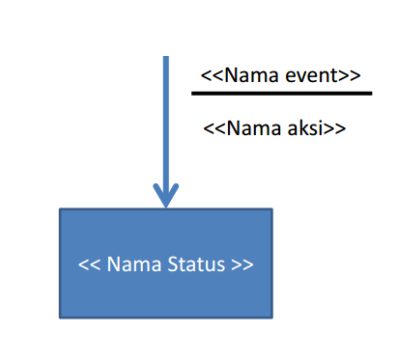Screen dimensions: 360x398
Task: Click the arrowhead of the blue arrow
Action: coord(166,196)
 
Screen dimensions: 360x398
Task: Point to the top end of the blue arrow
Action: coord(166,58)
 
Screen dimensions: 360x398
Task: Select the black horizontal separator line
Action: coord(281,94)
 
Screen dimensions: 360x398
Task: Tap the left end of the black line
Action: coord(193,94)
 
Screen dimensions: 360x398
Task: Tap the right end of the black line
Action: coord(370,94)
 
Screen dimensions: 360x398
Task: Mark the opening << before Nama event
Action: coord(212,74)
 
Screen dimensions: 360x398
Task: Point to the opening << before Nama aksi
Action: coord(214,127)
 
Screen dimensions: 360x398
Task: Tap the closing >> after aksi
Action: coord(335,127)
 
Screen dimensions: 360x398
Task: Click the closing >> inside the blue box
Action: coord(243,263)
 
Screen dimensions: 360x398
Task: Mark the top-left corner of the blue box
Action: coord(60,209)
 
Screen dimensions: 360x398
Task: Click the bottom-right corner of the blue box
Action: coord(271,317)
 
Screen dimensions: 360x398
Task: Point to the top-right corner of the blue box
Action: coord(271,209)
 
